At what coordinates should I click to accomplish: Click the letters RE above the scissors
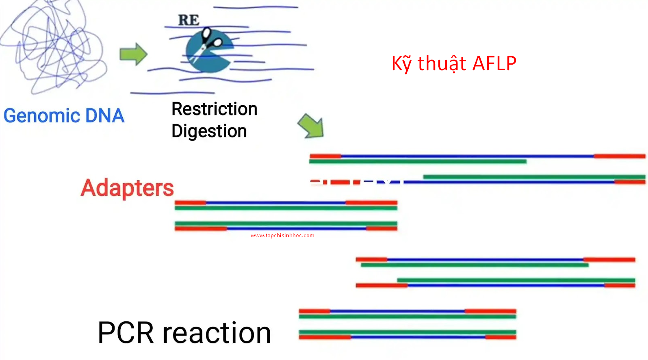[189, 20]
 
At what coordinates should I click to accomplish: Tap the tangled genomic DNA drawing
[54, 47]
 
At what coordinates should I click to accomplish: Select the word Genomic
[42, 116]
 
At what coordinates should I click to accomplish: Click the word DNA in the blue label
[105, 116]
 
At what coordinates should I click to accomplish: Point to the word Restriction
[215, 109]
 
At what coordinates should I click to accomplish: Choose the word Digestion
[209, 131]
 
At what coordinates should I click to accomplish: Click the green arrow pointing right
[133, 54]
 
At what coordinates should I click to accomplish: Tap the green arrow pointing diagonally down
[311, 126]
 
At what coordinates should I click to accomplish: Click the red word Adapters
[127, 188]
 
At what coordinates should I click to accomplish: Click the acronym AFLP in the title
[494, 63]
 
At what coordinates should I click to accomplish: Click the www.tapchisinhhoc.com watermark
[282, 236]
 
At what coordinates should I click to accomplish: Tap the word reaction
[217, 333]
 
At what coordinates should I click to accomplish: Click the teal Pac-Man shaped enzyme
[209, 51]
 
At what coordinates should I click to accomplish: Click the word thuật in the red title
[442, 64]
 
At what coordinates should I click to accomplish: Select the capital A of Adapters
[89, 188]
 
